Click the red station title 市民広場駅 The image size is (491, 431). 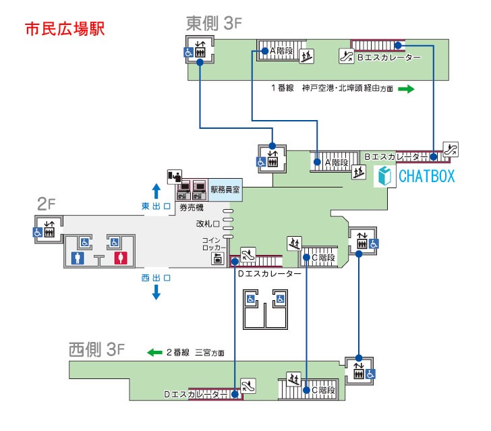pos(65,29)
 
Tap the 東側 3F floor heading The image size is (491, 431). pos(214,23)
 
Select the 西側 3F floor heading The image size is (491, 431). pos(96,349)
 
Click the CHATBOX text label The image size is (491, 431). pos(426,176)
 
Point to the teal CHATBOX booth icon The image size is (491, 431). pos(384,176)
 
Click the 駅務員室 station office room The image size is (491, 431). pos(225,190)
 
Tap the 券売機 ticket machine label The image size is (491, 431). pos(192,207)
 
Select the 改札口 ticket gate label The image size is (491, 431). pos(208,224)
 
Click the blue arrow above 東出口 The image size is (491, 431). pos(156,192)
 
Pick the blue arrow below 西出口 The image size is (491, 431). pos(156,292)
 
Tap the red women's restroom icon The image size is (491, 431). pos(121,258)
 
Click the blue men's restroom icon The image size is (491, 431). pos(78,258)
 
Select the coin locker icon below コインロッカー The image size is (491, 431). pos(218,259)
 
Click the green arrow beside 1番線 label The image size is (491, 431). pos(406,89)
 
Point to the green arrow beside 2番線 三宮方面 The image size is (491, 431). pos(154,352)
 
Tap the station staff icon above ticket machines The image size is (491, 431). pos(175,177)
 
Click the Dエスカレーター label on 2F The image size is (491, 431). pos(269,274)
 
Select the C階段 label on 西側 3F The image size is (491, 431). pos(324,391)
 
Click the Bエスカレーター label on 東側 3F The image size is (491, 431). pos(389,57)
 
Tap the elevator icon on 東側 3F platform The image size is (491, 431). pos(200,49)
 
